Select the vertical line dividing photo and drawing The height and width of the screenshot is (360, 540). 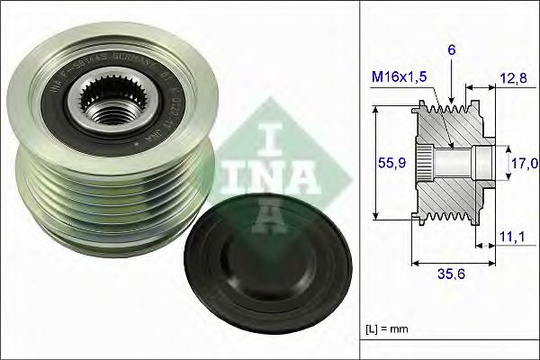[x=359, y=180]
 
